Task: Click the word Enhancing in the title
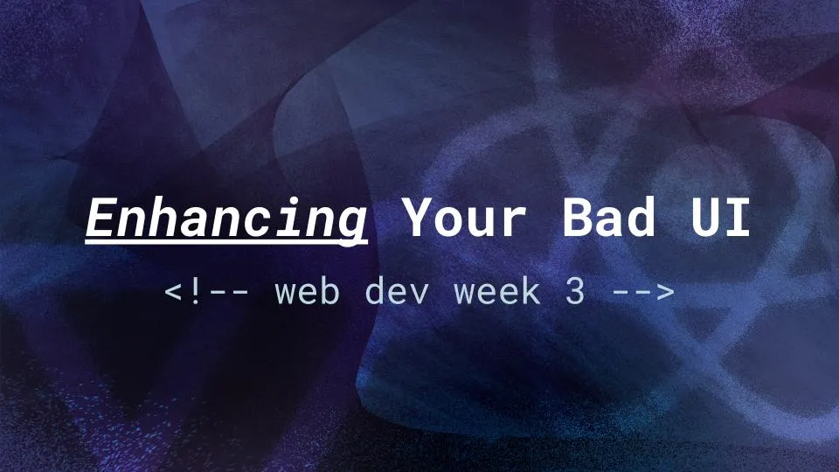pos(226,219)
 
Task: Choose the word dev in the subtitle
pos(397,292)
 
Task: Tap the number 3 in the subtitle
pos(574,292)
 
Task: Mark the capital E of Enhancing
pos(101,219)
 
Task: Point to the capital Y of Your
pos(418,219)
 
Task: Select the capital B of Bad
pos(578,219)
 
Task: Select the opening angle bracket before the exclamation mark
pos(173,293)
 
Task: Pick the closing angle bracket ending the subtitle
pos(664,293)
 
